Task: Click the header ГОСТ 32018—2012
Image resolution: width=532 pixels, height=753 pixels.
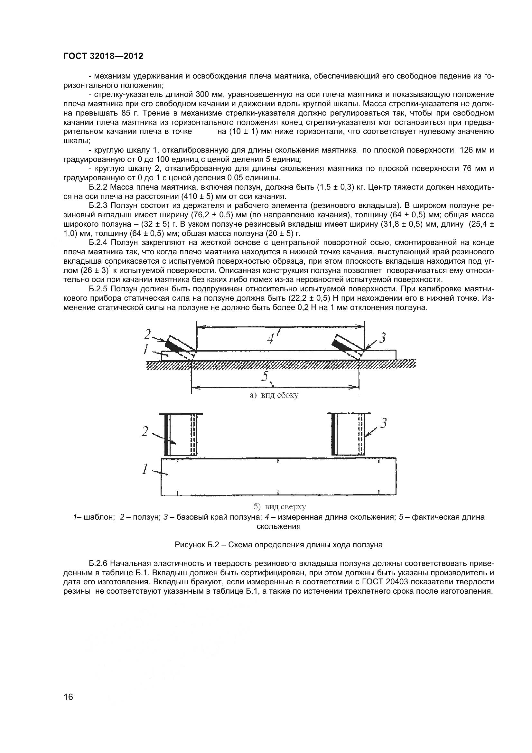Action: [x=103, y=56]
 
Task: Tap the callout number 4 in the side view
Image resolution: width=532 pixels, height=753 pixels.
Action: [x=270, y=339]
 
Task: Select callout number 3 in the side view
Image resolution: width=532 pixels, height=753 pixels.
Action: [x=382, y=338]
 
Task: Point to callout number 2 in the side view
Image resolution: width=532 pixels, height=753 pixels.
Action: [x=147, y=335]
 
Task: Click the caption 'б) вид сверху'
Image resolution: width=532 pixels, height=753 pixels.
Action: [x=280, y=507]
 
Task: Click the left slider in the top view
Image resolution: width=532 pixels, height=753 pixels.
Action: [x=180, y=435]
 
